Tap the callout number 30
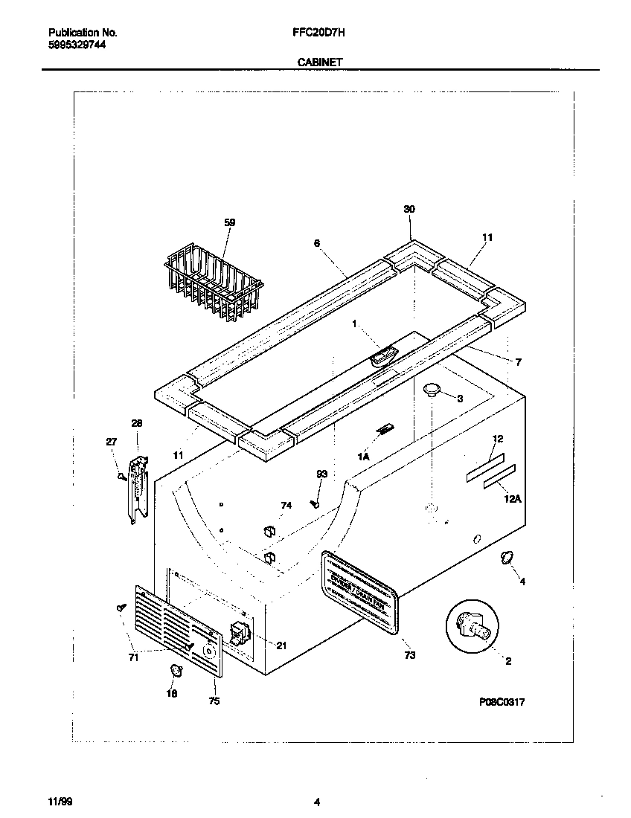pyautogui.click(x=409, y=210)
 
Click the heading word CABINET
pyautogui.click(x=320, y=63)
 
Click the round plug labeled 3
pyautogui.click(x=431, y=388)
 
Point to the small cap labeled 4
pyautogui.click(x=506, y=558)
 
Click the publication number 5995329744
pyautogui.click(x=77, y=45)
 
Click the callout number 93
pyautogui.click(x=321, y=474)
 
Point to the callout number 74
pyautogui.click(x=286, y=506)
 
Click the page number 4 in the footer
pyautogui.click(x=317, y=802)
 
